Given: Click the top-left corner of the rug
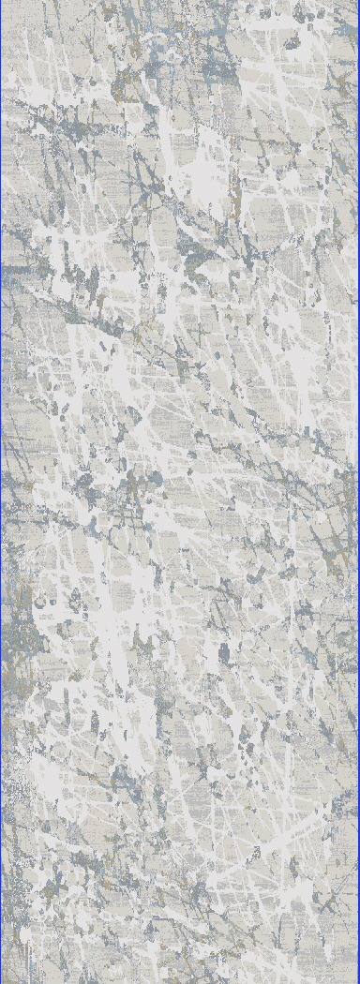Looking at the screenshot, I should (2, 2).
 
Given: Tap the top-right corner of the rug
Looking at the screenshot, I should (357, 2).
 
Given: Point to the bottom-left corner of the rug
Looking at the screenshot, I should (2, 981).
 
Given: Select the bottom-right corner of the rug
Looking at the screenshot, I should (357, 981).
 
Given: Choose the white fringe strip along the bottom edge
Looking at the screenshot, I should (180, 979).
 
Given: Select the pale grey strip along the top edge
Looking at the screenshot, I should (180, 4).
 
